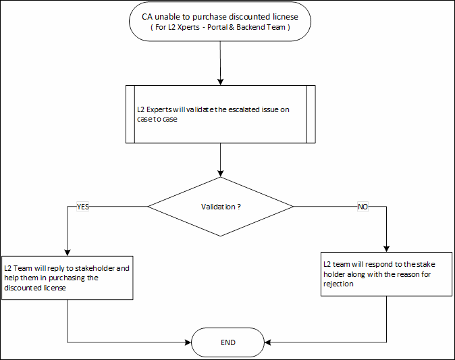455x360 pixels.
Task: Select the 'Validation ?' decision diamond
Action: tap(221, 207)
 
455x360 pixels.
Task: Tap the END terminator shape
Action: tap(228, 342)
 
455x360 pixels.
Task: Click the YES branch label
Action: tap(83, 207)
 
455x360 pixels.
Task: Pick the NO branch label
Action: tap(363, 207)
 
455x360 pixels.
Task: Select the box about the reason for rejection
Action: tap(386, 274)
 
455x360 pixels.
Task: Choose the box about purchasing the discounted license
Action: tap(68, 278)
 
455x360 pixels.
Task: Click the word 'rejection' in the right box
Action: tap(338, 284)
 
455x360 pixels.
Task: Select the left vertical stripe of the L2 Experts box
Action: tap(131, 114)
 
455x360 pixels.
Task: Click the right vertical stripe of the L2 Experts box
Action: tap(311, 114)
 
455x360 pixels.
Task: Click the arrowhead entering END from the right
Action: tap(267, 342)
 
